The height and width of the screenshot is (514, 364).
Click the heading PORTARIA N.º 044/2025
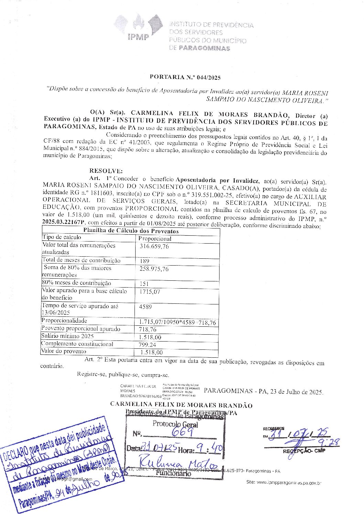tap(185, 77)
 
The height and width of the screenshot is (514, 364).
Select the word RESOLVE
tap(105, 171)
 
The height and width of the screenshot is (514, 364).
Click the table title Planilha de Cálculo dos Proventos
tap(131, 231)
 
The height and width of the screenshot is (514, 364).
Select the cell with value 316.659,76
tap(154, 246)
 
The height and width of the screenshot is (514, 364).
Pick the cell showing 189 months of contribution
tap(144, 261)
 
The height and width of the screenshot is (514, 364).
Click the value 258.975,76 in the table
tap(154, 269)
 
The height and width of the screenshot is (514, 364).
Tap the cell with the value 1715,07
tap(150, 292)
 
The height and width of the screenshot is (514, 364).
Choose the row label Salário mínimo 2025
tap(67, 336)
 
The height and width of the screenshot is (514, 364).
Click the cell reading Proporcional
tap(155, 238)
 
